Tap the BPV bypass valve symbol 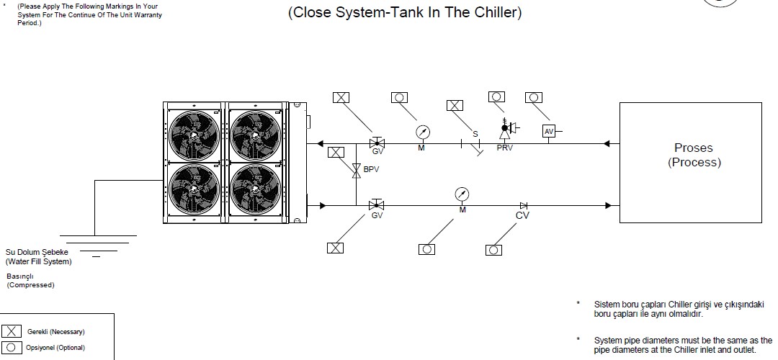pyautogui.click(x=355, y=171)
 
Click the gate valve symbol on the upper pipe pyautogui.click(x=375, y=143)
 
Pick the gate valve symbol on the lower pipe pyautogui.click(x=375, y=205)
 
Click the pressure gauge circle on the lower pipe pyautogui.click(x=462, y=194)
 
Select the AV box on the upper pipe pyautogui.click(x=549, y=131)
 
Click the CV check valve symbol pyautogui.click(x=523, y=206)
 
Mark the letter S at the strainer pyautogui.click(x=475, y=134)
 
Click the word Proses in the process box pyautogui.click(x=693, y=148)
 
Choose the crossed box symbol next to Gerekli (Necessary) pyautogui.click(x=12, y=332)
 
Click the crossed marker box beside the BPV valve pyautogui.click(x=335, y=152)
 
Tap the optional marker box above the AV pyautogui.click(x=533, y=96)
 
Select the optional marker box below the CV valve pyautogui.click(x=494, y=249)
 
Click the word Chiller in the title pyautogui.click(x=493, y=12)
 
